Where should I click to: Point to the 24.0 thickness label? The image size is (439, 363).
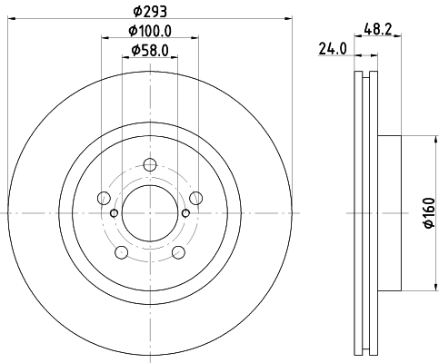tap(333, 49)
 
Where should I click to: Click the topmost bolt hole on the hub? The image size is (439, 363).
tap(149, 164)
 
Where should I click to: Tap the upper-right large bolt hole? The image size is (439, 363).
tap(195, 197)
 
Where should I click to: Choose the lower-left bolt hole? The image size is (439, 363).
tap(121, 251)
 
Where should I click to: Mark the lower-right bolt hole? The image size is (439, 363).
tap(178, 251)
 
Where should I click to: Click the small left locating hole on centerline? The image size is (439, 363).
tap(113, 213)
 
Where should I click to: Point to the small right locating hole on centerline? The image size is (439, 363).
tap(185, 213)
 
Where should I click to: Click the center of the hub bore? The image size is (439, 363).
tap(149, 213)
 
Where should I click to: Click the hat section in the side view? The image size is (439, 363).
tap(388, 213)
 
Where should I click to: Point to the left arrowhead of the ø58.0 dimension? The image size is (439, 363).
tap(125, 58)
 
